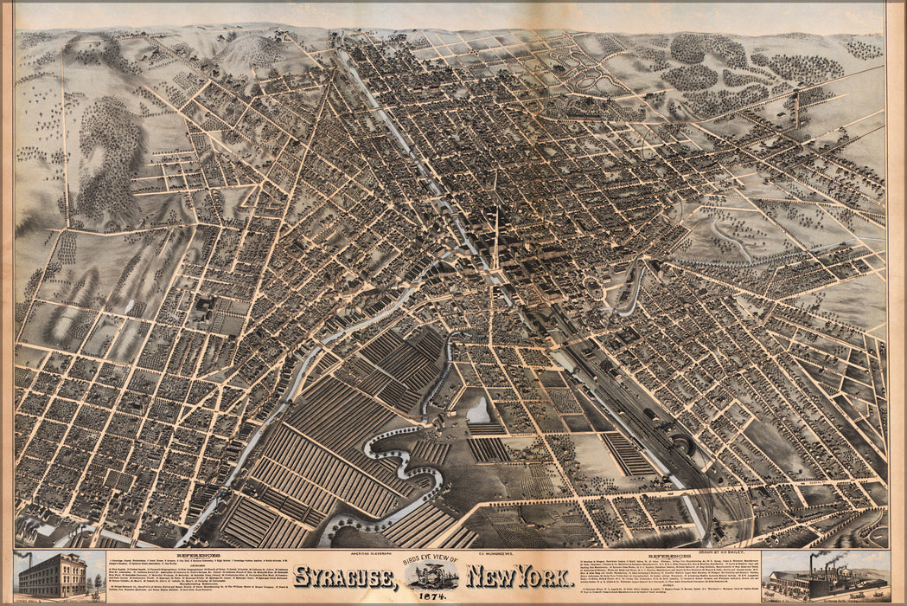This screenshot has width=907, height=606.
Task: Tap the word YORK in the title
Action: (541, 577)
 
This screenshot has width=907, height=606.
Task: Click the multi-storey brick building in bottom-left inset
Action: (52, 577)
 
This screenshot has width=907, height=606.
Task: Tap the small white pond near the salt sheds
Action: (477, 410)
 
